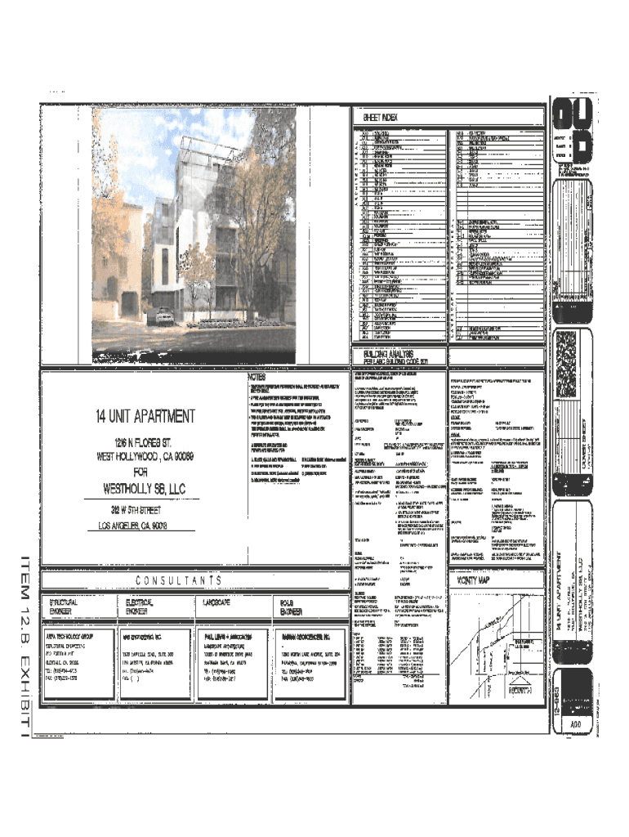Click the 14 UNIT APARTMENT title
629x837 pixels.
pyautogui.click(x=145, y=415)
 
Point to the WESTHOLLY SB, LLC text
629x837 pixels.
pyautogui.click(x=145, y=489)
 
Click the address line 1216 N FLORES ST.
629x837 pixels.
pyautogui.click(x=144, y=442)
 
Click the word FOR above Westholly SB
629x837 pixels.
pyautogui.click(x=145, y=472)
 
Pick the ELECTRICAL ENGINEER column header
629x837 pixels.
pyautogui.click(x=140, y=605)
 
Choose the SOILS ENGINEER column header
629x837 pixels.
pyautogui.click(x=292, y=605)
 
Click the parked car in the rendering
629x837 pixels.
pyautogui.click(x=163, y=312)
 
